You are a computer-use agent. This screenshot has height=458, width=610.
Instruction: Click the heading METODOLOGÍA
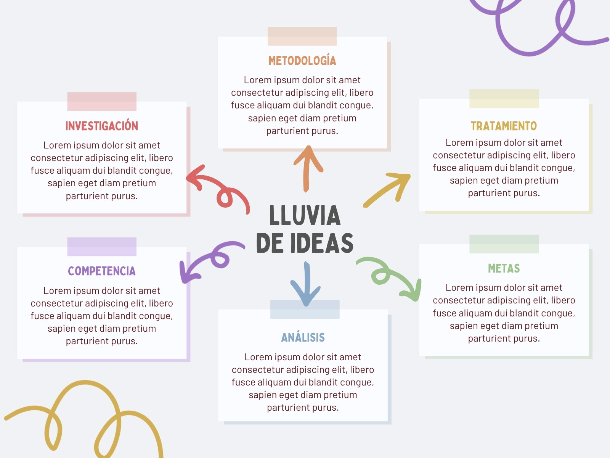pos(302,61)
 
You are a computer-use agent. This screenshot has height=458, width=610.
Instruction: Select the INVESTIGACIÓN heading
pos(102,126)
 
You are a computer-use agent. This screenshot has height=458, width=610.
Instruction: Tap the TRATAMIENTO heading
pos(504,126)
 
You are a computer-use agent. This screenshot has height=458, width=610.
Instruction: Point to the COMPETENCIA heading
pos(102,271)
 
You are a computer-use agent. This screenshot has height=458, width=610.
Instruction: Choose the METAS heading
pos(504,268)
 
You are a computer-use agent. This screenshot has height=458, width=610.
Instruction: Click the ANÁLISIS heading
pos(303,337)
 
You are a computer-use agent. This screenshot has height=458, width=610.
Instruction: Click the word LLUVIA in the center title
pos(305,215)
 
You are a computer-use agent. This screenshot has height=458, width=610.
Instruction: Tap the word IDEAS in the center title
pos(322,243)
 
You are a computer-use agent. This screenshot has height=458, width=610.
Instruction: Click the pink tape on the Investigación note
pos(102,102)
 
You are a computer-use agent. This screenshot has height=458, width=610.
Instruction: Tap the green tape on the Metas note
pos(504,244)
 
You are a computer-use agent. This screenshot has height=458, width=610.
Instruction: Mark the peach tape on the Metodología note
pos(302,36)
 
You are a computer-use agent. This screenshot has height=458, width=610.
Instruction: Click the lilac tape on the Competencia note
pos(102,247)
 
